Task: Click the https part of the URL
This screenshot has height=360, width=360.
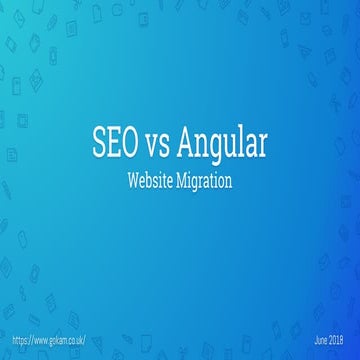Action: pyautogui.click(x=21, y=341)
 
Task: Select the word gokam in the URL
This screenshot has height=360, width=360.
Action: pyautogui.click(x=62, y=341)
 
